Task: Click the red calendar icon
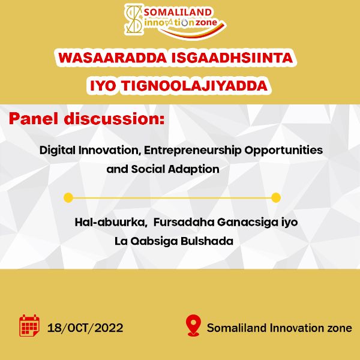point(29,326)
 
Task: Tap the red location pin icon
point(194,326)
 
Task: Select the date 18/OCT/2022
point(85,328)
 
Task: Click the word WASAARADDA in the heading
point(112,58)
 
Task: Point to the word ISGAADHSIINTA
point(232,58)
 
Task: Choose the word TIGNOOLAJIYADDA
point(194,86)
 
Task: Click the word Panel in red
point(34,119)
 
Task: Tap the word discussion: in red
point(115,119)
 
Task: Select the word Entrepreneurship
point(193,151)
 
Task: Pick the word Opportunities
point(284,151)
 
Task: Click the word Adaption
point(194,170)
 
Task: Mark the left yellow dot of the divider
point(68,197)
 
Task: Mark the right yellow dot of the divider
point(276,197)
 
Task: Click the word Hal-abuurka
point(111,222)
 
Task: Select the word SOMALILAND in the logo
point(178,12)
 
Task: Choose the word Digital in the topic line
point(58,151)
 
